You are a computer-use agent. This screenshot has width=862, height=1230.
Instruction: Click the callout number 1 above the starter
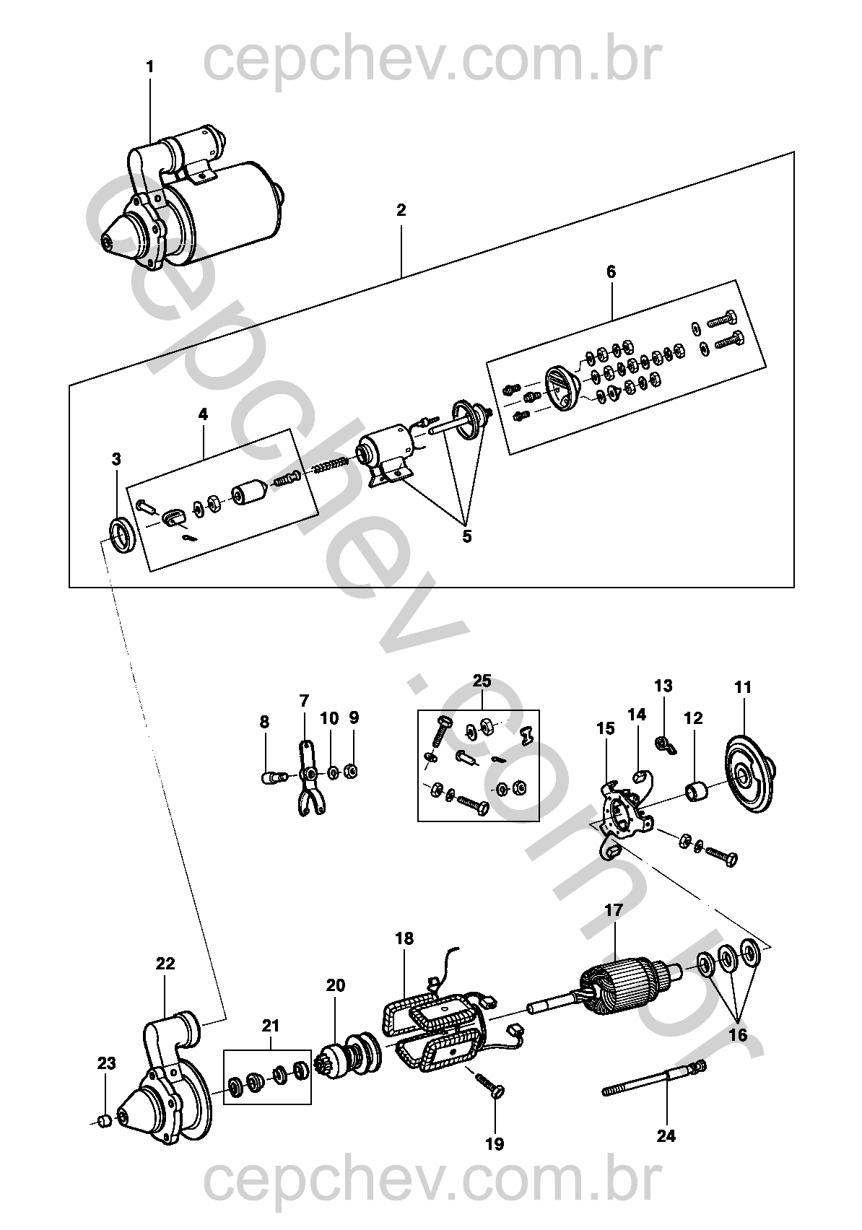point(150,67)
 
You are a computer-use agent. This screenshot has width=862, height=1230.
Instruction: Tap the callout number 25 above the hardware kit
point(482,681)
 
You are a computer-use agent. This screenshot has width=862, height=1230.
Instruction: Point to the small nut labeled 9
point(351,772)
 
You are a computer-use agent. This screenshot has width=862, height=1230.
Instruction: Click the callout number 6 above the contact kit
point(611,272)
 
